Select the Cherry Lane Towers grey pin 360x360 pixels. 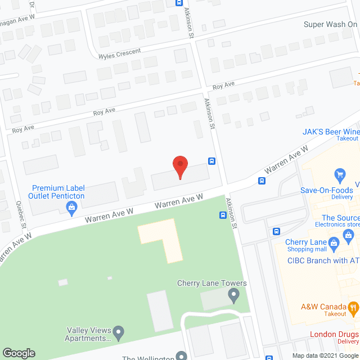tap(235, 293)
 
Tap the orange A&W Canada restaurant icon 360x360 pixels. tap(353, 307)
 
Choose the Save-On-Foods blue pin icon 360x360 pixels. tap(339, 174)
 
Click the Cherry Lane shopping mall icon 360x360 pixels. tap(334, 244)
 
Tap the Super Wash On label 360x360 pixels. tap(331, 24)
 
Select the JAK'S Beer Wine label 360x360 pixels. tap(328, 132)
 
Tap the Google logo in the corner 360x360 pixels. tap(18, 353)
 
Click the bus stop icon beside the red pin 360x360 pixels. tap(211, 161)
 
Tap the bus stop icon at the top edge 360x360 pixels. tap(178, 2)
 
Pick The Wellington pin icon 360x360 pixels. tap(181, 355)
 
